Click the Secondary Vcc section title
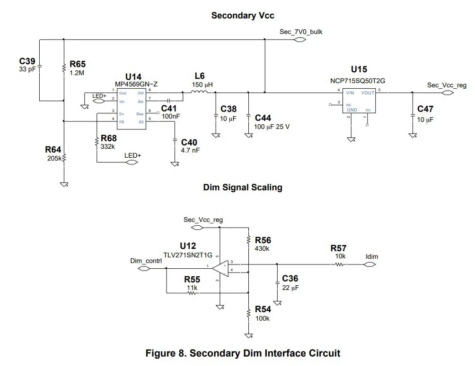[x=242, y=16]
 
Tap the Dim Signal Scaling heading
[x=242, y=187]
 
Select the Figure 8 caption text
[x=242, y=353]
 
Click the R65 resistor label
[x=78, y=64]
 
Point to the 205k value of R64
[x=53, y=158]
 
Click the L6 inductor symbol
[x=201, y=93]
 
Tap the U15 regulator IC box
[x=359, y=101]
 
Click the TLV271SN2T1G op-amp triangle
[x=220, y=268]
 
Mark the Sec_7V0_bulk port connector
[x=299, y=40]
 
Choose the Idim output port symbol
[x=370, y=264]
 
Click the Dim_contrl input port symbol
[x=143, y=269]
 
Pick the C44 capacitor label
[x=263, y=118]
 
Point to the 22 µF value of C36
[x=291, y=288]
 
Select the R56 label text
[x=263, y=240]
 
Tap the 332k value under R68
[x=107, y=147]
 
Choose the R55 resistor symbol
[x=192, y=293]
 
